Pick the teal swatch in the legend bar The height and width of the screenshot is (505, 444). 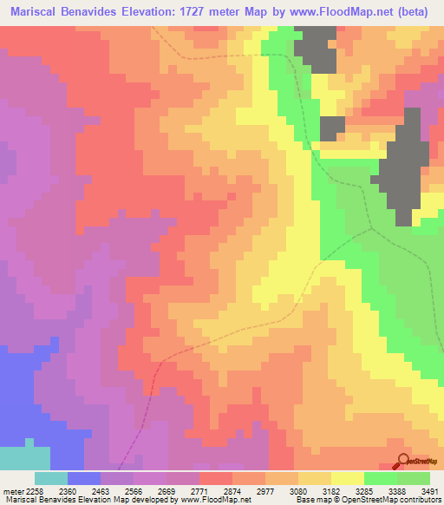pos(50,478)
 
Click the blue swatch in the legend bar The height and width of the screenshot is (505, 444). pos(84,478)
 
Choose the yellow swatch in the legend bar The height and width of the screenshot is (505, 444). pos(348,478)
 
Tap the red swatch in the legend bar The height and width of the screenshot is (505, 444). pos(216,478)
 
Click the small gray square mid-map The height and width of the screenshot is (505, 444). pos(332,128)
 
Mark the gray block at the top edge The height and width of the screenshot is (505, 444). pos(317,48)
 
